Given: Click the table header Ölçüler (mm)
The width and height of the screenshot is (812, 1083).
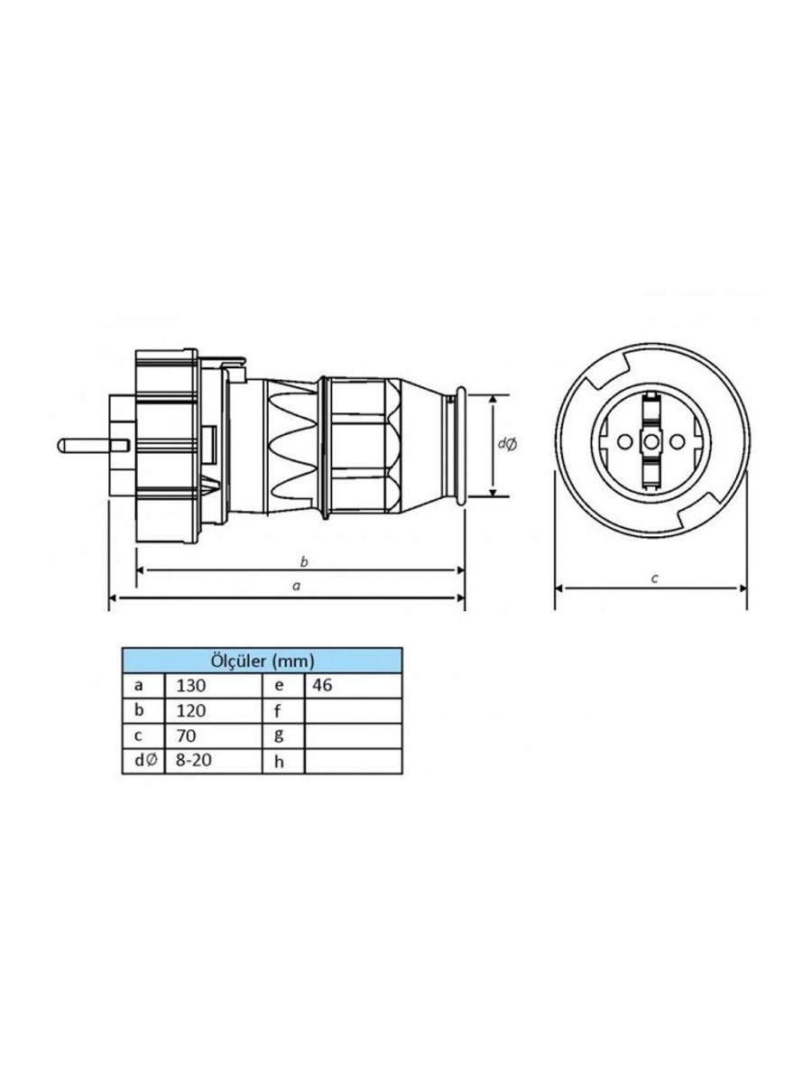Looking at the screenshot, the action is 262,661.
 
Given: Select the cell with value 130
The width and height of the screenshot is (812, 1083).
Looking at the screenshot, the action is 213,685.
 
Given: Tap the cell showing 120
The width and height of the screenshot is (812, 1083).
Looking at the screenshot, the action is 213,710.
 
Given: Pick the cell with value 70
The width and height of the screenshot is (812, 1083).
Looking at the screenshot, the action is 213,736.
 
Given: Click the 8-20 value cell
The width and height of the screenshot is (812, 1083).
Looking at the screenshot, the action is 213,761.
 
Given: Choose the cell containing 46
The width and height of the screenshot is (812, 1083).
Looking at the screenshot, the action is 354,685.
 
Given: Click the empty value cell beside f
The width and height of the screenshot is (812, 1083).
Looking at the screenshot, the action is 354,710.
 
